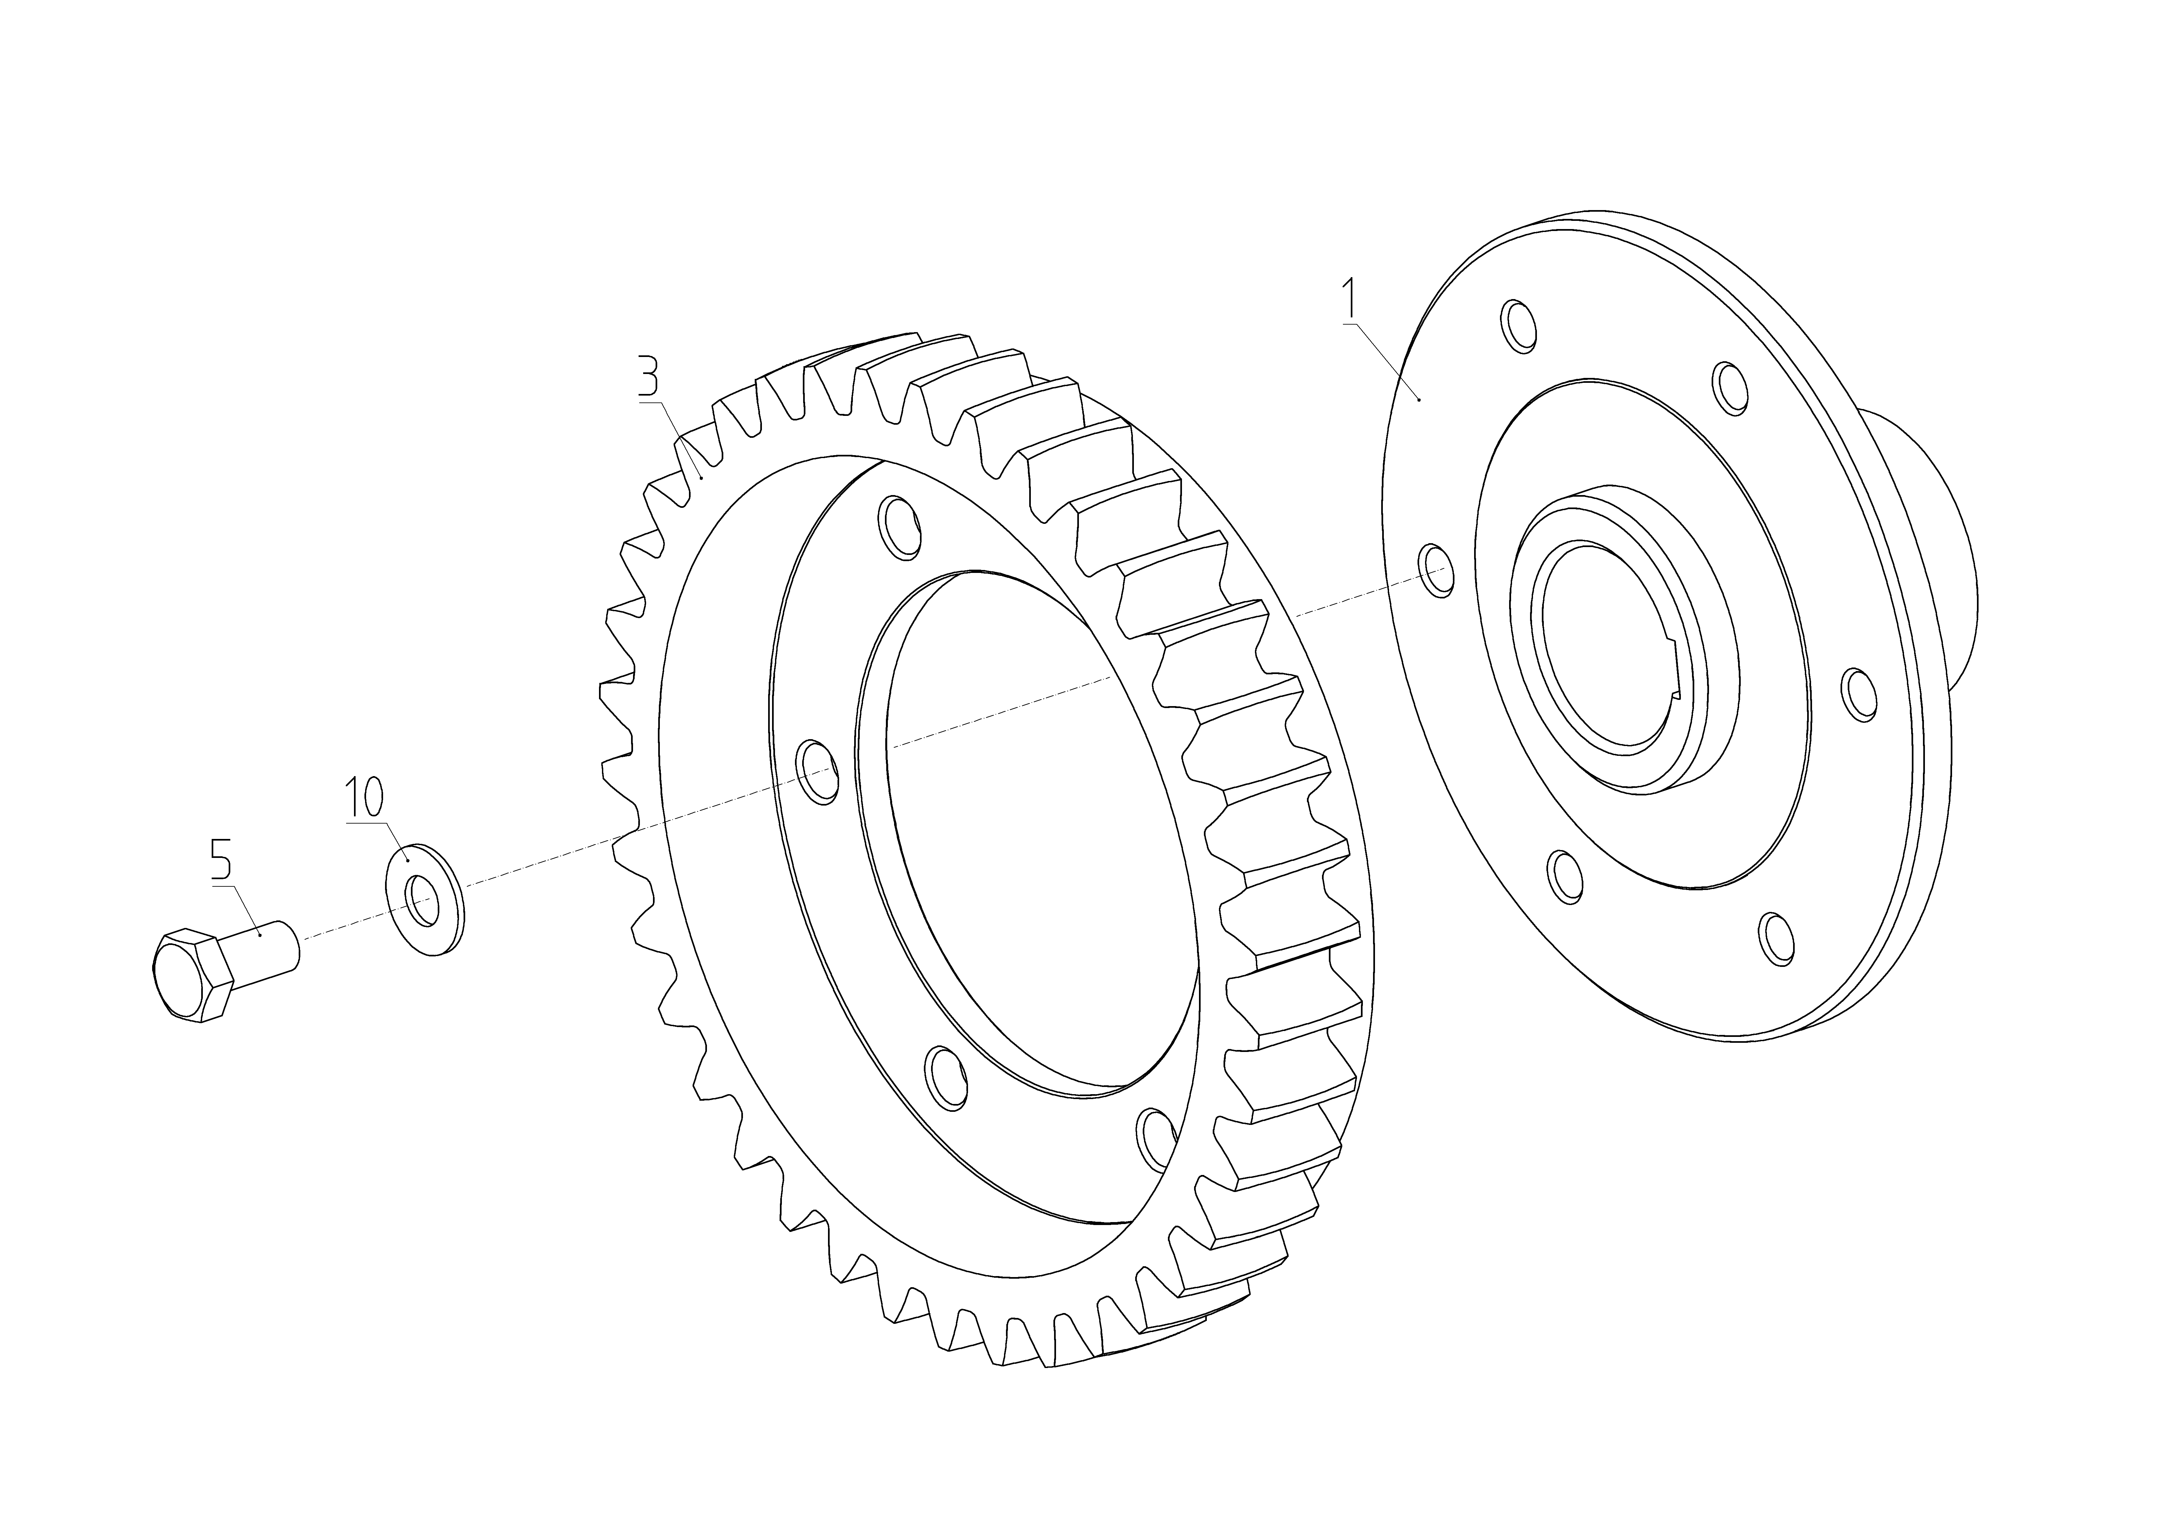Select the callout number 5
(220, 859)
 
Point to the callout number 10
(364, 797)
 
